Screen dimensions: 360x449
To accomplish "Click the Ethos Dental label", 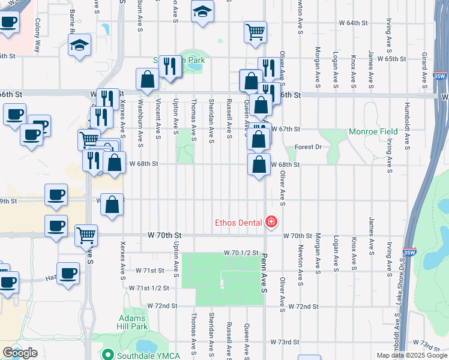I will (239, 223).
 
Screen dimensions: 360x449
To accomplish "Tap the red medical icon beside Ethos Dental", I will (271, 223).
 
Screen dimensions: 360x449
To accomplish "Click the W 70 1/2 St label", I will (241, 254).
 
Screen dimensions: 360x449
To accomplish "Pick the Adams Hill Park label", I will (133, 322).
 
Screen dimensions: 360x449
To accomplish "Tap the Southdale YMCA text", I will (145, 355).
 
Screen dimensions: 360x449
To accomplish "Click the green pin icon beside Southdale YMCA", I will (108, 355).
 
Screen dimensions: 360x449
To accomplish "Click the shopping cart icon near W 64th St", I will (255, 31).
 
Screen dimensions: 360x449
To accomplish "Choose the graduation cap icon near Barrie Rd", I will (79, 46).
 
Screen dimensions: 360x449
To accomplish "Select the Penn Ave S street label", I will (264, 273).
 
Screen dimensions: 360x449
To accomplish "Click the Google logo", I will (20, 353).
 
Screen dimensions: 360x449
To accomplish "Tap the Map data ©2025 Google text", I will (411, 355).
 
